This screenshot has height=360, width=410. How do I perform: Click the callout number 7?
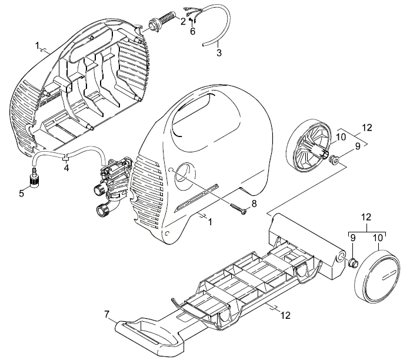click(106, 314)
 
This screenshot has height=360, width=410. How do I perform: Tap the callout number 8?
click(254, 203)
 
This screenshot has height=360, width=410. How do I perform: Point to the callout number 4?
click(66, 168)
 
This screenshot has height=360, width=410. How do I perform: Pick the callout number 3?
click(219, 52)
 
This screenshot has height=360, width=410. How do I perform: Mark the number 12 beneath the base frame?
click(286, 315)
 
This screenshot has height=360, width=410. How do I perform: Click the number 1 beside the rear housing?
click(38, 45)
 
